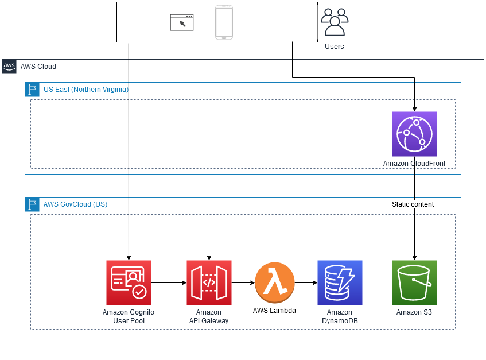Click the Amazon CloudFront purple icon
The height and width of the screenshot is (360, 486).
coord(414,134)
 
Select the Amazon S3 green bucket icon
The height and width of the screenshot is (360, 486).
coord(414,282)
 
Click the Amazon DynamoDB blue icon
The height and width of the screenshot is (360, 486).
coord(340,282)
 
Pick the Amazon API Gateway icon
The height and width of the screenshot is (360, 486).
coord(209,282)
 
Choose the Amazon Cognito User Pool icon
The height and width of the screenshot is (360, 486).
coord(129,282)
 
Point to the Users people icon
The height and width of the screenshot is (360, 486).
coord(335,22)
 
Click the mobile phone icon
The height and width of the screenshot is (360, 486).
coord(224,22)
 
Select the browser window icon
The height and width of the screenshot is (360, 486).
coord(182,22)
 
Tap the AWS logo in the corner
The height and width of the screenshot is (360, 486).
coord(9,66)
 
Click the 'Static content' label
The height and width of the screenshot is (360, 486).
coord(413,204)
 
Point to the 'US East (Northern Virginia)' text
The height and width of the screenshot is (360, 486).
coord(86,90)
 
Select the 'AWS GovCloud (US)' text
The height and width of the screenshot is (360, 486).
coord(75,204)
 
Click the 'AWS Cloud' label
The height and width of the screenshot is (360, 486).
coord(38,67)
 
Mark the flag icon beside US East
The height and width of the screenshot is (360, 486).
coord(32,90)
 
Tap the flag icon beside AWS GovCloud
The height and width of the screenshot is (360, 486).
coord(32,204)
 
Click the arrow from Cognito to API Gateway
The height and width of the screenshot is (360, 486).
coord(169,282)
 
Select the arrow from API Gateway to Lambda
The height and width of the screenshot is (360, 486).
coord(243,282)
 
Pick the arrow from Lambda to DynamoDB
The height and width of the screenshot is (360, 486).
coord(306,282)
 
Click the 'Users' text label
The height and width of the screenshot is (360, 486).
coord(335,46)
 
